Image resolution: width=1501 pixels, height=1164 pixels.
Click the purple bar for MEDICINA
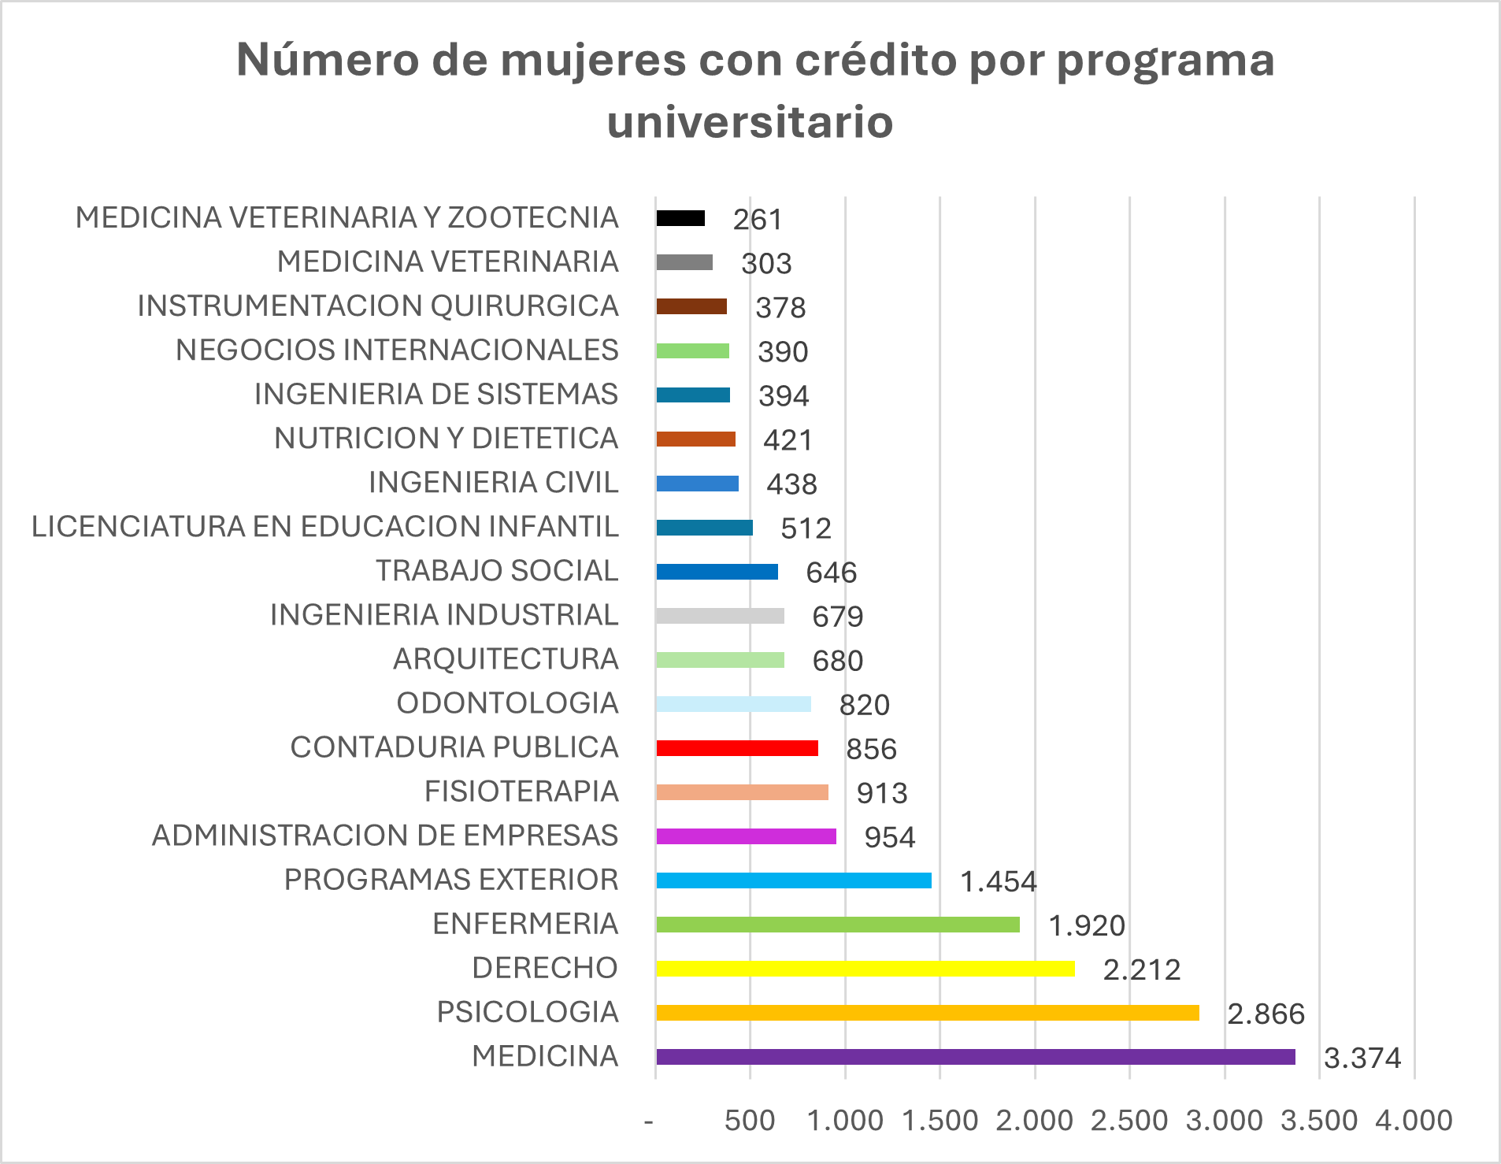[x=975, y=1057]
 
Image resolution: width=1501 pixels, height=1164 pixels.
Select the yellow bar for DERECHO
[x=865, y=969]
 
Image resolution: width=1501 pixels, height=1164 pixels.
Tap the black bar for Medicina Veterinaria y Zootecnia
[x=680, y=218]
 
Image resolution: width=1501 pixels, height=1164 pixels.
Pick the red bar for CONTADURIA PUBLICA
[x=736, y=748]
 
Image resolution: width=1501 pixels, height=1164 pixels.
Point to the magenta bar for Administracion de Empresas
[x=746, y=836]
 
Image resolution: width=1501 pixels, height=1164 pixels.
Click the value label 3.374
[x=1362, y=1058]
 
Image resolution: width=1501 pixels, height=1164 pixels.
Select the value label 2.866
[x=1266, y=1014]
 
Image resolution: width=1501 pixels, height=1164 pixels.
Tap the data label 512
[x=806, y=528]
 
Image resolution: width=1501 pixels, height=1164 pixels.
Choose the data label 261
[x=758, y=220]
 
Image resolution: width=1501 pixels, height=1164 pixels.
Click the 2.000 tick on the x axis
[x=1034, y=1120]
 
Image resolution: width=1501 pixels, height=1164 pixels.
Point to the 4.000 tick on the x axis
[x=1414, y=1120]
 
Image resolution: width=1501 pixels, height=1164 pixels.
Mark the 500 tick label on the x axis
[x=750, y=1120]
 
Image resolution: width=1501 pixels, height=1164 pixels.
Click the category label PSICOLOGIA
[x=528, y=1012]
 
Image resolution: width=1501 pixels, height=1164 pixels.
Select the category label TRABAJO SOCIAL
[x=497, y=571]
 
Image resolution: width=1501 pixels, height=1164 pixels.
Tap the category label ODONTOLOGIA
[x=507, y=703]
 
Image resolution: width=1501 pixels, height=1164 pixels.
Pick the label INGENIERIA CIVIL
[x=494, y=483]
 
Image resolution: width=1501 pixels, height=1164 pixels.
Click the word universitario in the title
[x=750, y=122]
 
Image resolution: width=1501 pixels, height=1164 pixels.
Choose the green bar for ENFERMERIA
[x=837, y=925]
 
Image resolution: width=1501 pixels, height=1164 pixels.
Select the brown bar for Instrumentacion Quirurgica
[x=691, y=306]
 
